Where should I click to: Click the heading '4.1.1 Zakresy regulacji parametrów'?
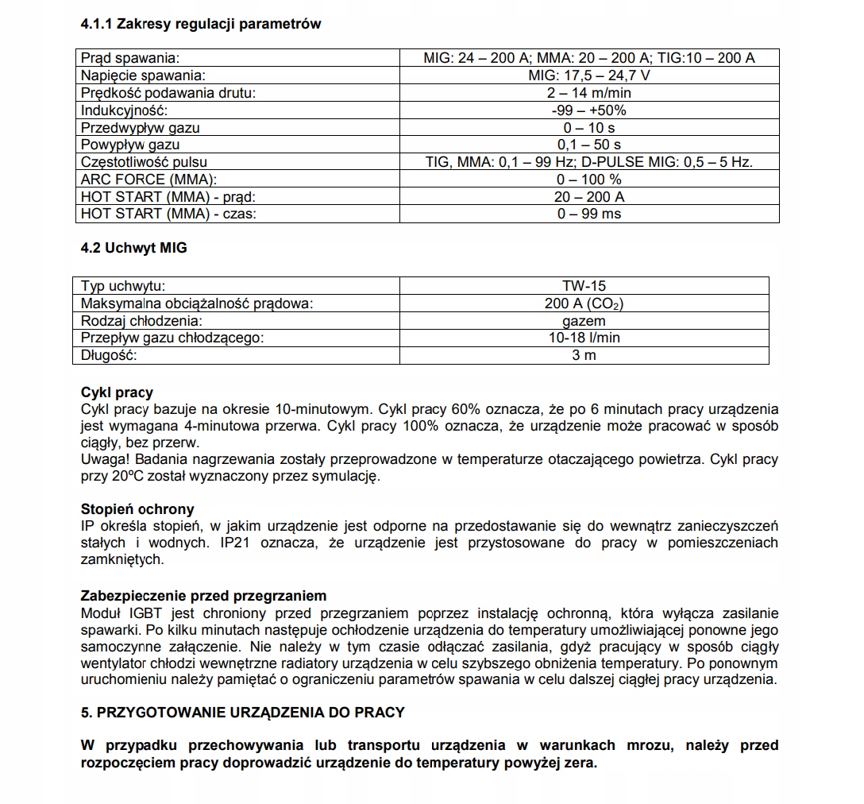coord(201,24)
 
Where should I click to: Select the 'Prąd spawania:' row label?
coord(131,58)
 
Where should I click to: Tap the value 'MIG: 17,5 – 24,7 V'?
coord(588,75)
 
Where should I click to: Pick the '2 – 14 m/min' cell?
coord(588,93)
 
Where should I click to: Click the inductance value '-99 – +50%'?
coord(588,110)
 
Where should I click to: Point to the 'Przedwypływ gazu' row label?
coord(141,128)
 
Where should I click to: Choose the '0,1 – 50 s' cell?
coord(588,145)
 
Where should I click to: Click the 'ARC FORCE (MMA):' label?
coord(148,180)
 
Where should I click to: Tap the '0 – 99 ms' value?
coord(588,214)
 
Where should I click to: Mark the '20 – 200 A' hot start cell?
coord(588,197)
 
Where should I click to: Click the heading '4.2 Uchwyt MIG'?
coord(134,248)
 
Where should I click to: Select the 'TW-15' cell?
coord(584,286)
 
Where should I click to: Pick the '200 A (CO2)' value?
coord(584,303)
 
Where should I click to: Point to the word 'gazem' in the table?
coord(584,321)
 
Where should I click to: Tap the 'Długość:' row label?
coord(110,355)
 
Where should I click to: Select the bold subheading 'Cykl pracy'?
coord(118,392)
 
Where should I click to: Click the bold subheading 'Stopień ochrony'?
coord(137,509)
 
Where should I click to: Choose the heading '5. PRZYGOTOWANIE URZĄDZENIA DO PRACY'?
coord(243,713)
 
